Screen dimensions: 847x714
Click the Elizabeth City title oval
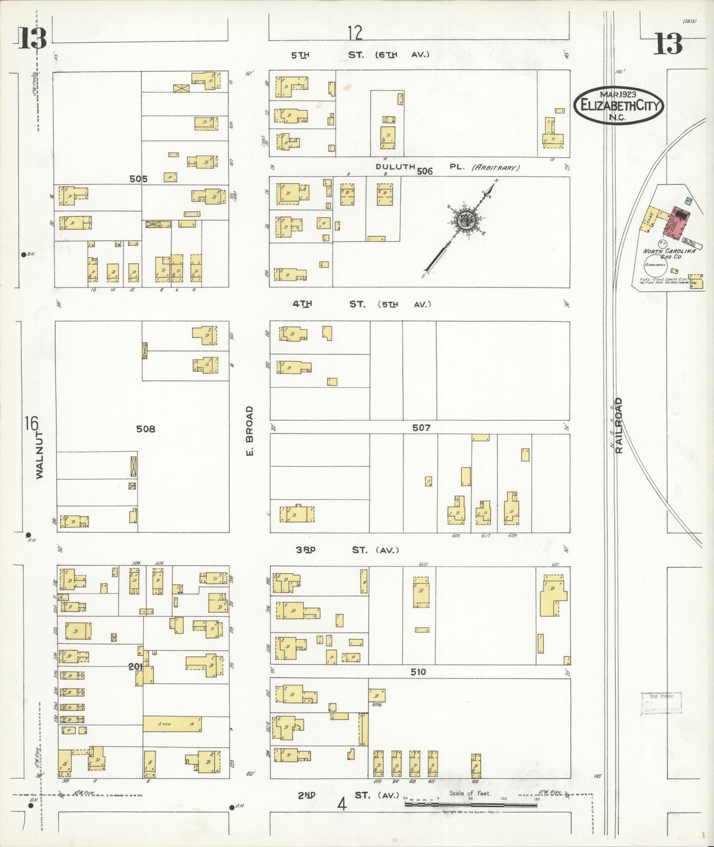click(x=618, y=105)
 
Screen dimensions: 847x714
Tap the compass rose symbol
click(x=465, y=220)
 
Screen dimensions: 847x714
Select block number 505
click(x=138, y=179)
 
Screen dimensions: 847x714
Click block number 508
click(x=145, y=429)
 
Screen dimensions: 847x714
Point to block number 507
click(x=421, y=427)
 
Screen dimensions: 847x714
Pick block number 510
click(x=418, y=672)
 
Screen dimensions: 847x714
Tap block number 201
click(x=135, y=667)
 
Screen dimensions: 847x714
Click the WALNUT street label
click(x=40, y=455)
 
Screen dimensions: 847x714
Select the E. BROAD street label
click(x=250, y=431)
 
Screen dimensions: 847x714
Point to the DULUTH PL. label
click(x=395, y=167)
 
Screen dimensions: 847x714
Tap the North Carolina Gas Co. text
click(x=669, y=254)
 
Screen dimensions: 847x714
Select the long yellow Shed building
click(x=172, y=724)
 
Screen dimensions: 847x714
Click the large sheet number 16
click(x=31, y=423)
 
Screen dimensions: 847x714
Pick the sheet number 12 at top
click(x=354, y=33)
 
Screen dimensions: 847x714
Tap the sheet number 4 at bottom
click(x=341, y=805)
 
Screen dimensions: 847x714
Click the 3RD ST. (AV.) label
click(x=346, y=550)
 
